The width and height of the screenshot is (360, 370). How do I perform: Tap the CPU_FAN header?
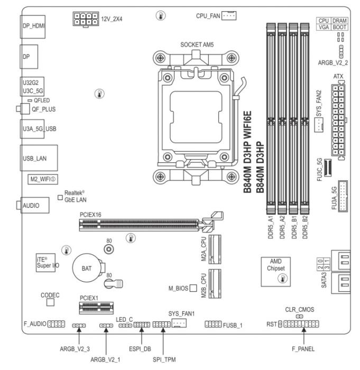click(228, 16)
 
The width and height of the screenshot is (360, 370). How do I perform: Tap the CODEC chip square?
click(51, 302)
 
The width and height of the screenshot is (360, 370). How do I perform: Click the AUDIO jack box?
click(33, 206)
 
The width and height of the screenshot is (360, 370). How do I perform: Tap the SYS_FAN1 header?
click(180, 322)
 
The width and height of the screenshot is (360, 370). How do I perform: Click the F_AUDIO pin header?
click(56, 322)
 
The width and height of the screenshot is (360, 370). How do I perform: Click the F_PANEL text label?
click(303, 349)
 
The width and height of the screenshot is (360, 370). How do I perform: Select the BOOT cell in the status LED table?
click(339, 25)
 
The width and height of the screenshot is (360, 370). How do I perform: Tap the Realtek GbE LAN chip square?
click(61, 197)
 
